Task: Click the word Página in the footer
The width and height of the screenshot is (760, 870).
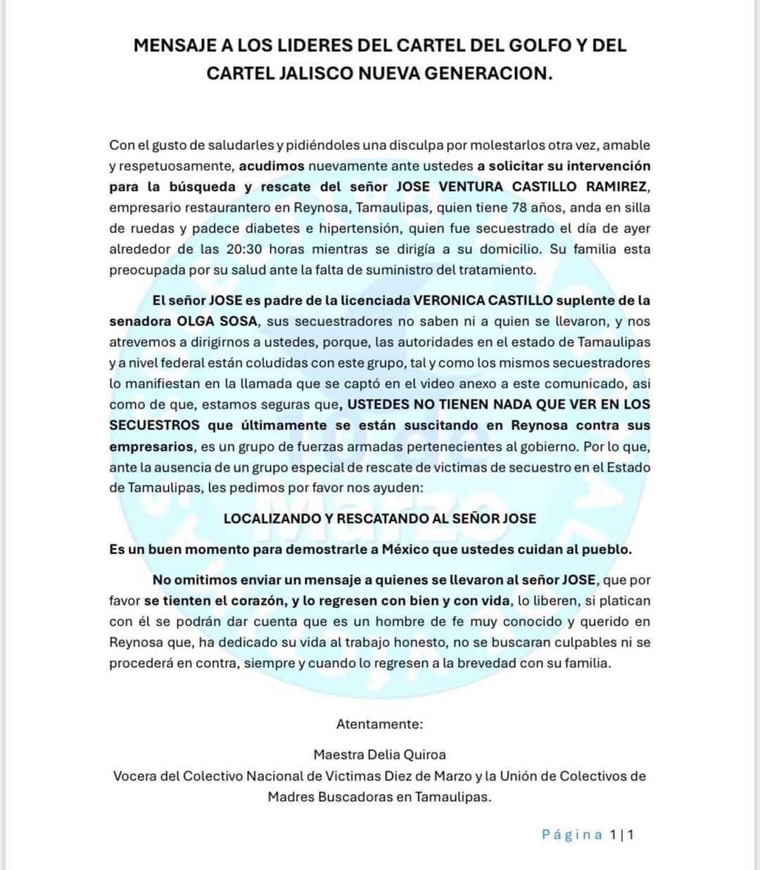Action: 572,835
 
